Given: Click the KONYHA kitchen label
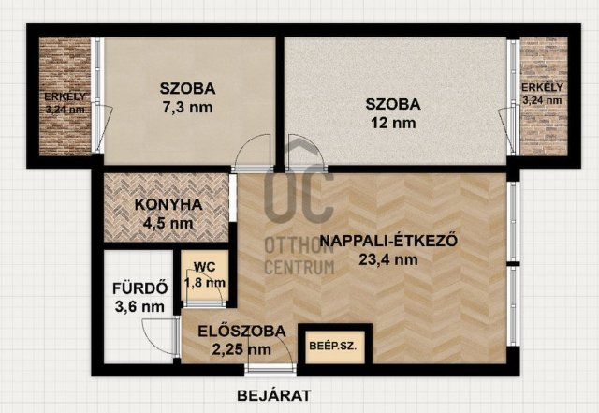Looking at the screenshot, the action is [x=168, y=204].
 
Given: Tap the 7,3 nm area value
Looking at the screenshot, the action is [x=187, y=108].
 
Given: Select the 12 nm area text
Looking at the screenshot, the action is [x=393, y=123].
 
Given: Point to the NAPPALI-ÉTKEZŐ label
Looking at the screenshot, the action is [x=388, y=241].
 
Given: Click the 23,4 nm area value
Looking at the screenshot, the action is [x=388, y=260].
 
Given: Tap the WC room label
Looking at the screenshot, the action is [x=204, y=267].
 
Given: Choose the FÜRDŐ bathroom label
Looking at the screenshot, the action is [x=139, y=288].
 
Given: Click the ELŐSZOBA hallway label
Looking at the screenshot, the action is [x=241, y=332].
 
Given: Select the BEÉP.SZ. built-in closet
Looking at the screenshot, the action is [x=333, y=347].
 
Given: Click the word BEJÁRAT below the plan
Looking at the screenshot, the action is [x=274, y=395].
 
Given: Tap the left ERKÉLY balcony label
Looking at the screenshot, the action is [x=66, y=96].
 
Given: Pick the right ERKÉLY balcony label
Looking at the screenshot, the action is [x=542, y=88].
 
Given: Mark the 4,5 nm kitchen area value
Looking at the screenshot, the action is [x=168, y=223].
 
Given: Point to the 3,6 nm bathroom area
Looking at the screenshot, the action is [x=139, y=306].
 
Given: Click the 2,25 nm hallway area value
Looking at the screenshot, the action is [x=241, y=349].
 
